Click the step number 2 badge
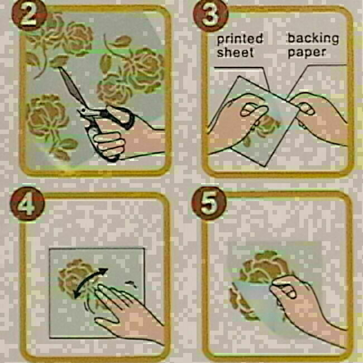[29, 16]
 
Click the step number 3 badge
[211, 16]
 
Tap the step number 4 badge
[27, 203]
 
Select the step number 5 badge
[209, 203]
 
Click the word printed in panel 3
[240, 39]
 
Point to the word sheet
[236, 52]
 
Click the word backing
[313, 39]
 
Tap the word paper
[307, 53]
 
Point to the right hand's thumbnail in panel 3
[308, 109]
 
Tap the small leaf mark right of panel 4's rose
[131, 284]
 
